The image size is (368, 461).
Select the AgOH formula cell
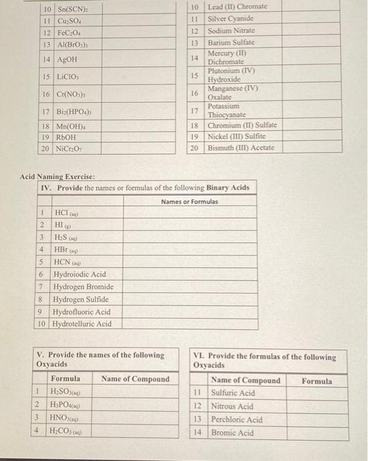tap(65, 59)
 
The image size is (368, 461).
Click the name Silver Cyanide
tap(232, 19)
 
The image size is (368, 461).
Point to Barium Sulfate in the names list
tap(231, 42)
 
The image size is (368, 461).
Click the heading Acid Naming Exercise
tap(57, 177)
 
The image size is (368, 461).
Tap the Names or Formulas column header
tap(189, 202)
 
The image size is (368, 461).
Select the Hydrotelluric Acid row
tap(82, 324)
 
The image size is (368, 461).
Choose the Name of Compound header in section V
tap(135, 379)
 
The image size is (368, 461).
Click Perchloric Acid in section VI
tap(236, 420)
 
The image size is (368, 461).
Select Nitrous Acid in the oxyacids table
tap(232, 406)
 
